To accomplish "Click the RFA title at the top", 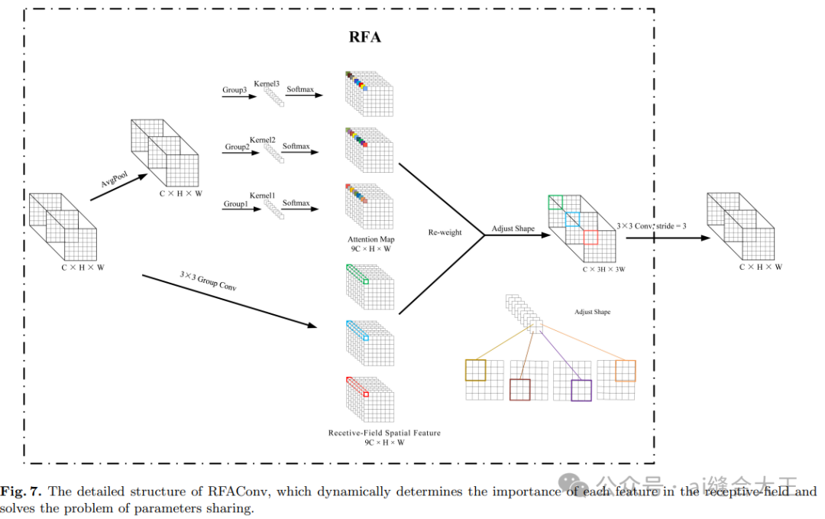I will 365,36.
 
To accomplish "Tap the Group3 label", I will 235,90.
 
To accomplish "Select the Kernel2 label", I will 262,140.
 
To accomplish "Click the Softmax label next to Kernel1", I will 296,203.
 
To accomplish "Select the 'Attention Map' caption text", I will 371,239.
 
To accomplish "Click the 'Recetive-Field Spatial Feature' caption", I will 384,433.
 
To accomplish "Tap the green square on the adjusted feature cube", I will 555,203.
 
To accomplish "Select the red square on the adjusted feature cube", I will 590,237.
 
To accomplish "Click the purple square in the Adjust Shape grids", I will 581,390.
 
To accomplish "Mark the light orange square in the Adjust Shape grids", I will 625,371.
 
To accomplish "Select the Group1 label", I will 235,204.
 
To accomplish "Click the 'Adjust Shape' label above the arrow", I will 513,229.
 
